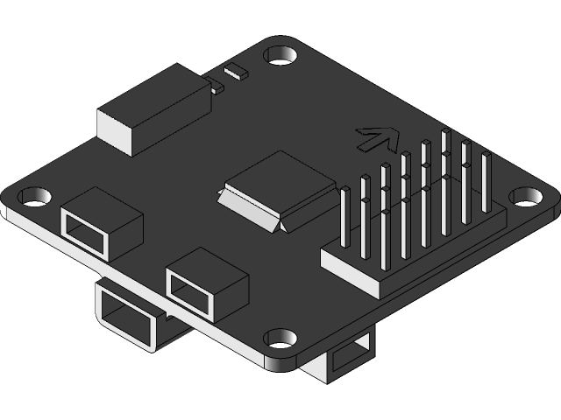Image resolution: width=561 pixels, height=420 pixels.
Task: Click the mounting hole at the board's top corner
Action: point(280,55)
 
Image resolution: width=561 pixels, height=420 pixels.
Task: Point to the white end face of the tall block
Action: point(115,132)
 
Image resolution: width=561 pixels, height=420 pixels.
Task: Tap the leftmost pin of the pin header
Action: point(345,219)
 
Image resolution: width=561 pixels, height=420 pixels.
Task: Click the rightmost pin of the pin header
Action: point(486,184)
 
